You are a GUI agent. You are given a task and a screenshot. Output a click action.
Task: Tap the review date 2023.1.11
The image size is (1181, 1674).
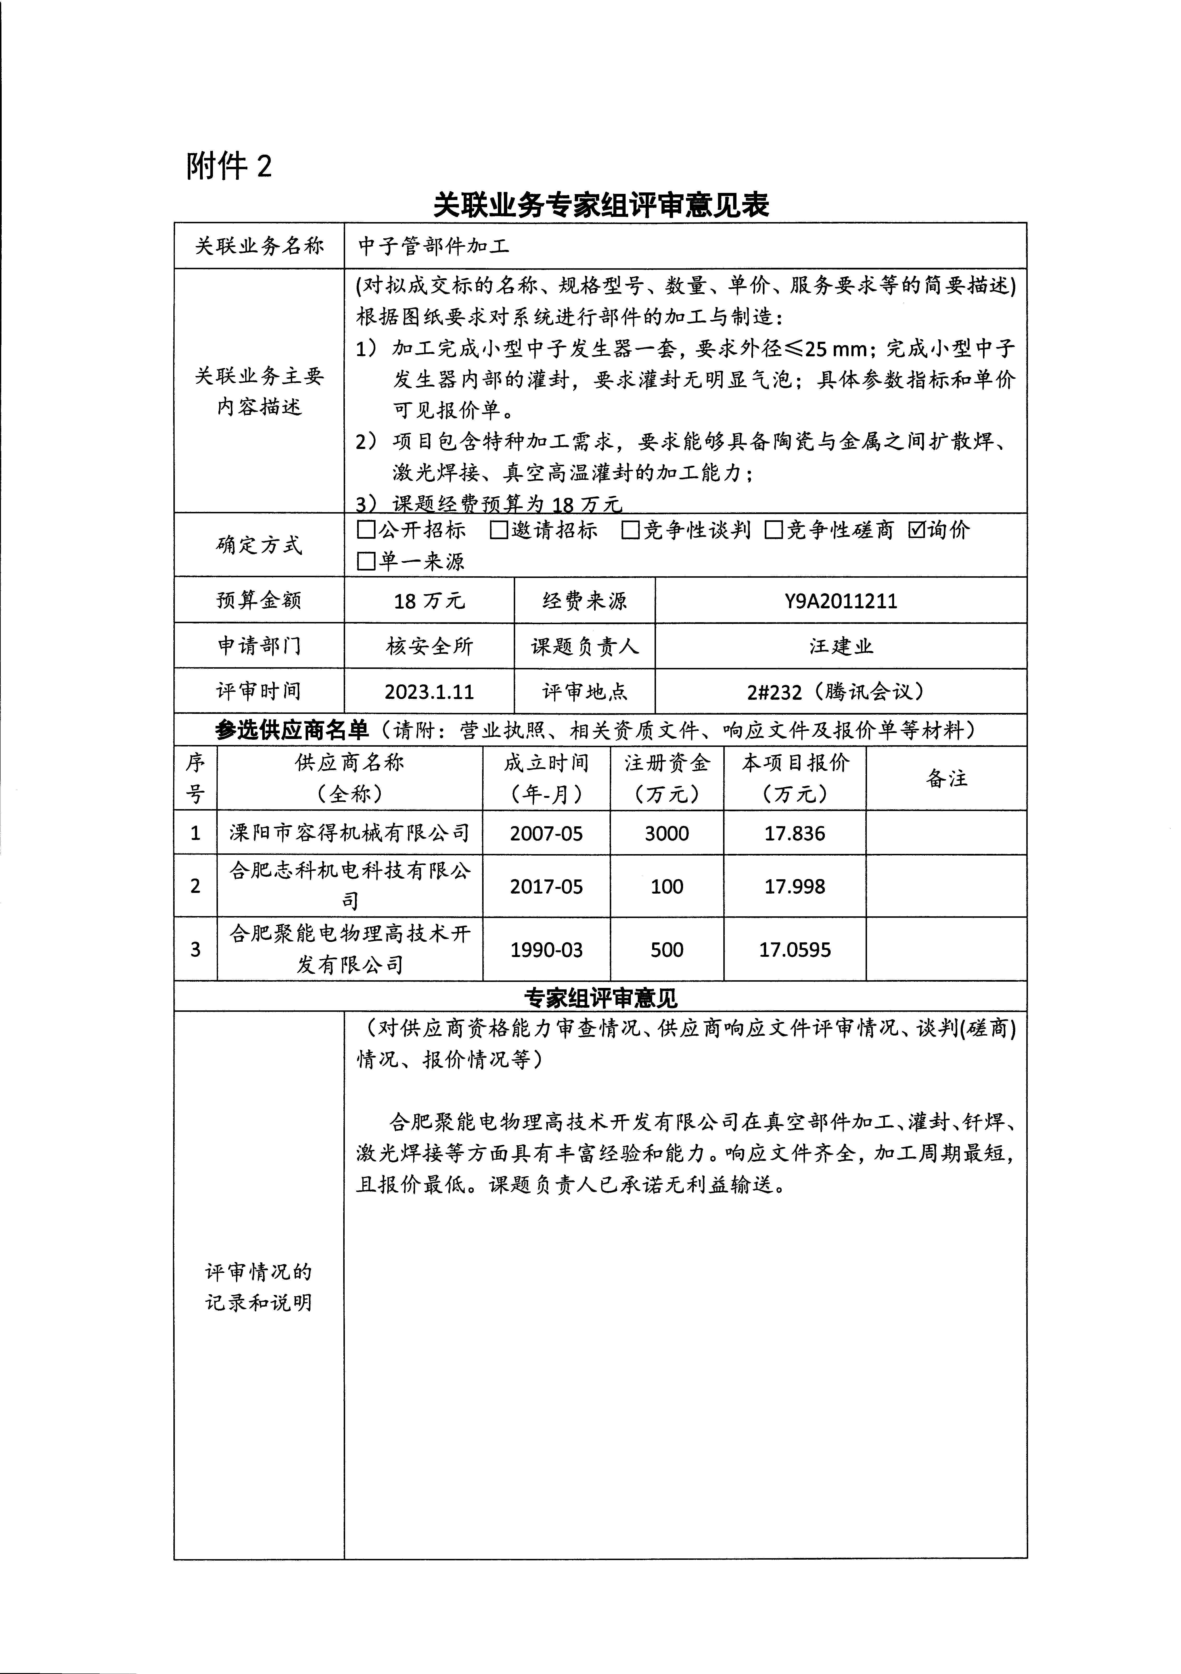pyautogui.click(x=429, y=691)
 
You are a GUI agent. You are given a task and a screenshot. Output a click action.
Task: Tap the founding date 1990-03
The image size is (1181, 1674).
pyautogui.click(x=546, y=949)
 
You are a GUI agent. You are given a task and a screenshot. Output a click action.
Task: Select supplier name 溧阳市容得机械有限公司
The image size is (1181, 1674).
pyautogui.click(x=349, y=833)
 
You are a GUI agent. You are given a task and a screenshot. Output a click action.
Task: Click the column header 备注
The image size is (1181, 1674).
pyautogui.click(x=946, y=778)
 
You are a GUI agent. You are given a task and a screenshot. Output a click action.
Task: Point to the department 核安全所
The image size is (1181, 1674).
pyautogui.click(x=429, y=646)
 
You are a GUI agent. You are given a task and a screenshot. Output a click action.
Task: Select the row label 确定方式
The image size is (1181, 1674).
pyautogui.click(x=259, y=545)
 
